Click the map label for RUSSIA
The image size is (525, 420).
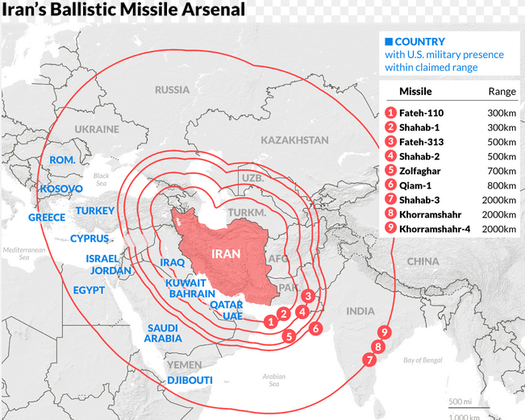[x=172, y=89]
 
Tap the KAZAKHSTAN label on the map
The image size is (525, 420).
[x=294, y=139]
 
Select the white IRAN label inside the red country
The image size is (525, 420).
[x=225, y=252]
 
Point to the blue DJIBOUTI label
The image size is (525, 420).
[x=190, y=380]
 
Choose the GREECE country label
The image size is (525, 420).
[x=47, y=218]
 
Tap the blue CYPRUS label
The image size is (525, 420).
[x=89, y=239]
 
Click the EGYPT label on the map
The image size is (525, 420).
[x=89, y=289]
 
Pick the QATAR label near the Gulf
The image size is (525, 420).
[x=226, y=305]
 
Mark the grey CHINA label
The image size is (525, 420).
[x=423, y=261]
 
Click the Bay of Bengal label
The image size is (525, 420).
[x=423, y=360]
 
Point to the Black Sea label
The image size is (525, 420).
[x=101, y=179]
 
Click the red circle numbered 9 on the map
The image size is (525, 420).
[x=385, y=332]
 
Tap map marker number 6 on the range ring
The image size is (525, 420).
[x=315, y=329]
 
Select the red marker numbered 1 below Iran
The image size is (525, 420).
[x=269, y=321]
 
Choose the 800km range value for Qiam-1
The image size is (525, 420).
[x=502, y=185]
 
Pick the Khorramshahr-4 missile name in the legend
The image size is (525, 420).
[x=435, y=229]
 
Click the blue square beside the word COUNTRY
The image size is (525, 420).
[x=389, y=41]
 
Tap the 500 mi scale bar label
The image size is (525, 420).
[x=460, y=401]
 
